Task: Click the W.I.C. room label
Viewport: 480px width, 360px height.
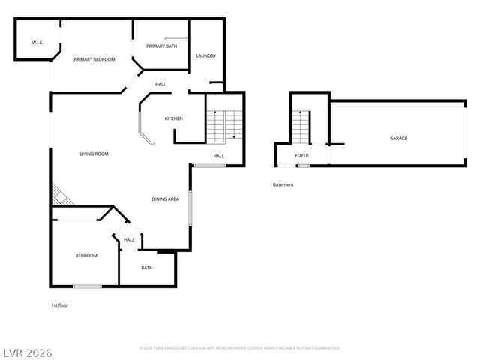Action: click(x=37, y=43)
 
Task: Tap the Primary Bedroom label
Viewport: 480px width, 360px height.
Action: click(x=94, y=59)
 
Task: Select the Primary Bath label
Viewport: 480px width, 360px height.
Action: click(x=160, y=46)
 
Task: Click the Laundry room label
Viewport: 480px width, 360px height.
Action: click(x=206, y=56)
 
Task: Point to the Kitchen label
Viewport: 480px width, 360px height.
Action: click(x=174, y=118)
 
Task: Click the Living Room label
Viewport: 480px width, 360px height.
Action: click(x=94, y=154)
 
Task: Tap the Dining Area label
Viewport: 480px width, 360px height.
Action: click(x=165, y=199)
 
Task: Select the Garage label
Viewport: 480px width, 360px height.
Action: click(x=398, y=139)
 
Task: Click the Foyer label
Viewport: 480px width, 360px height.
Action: click(x=301, y=156)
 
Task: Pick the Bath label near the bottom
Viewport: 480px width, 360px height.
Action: click(x=147, y=268)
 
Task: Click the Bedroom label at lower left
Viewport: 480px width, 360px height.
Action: click(x=86, y=256)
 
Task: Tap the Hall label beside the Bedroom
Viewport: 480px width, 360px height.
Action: click(x=129, y=240)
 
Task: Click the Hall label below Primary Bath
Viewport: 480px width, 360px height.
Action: click(x=160, y=84)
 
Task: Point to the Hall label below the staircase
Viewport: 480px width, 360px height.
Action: click(x=218, y=156)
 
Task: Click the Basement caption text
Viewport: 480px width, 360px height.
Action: click(x=283, y=184)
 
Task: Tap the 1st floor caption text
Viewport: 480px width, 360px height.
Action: click(x=60, y=305)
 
